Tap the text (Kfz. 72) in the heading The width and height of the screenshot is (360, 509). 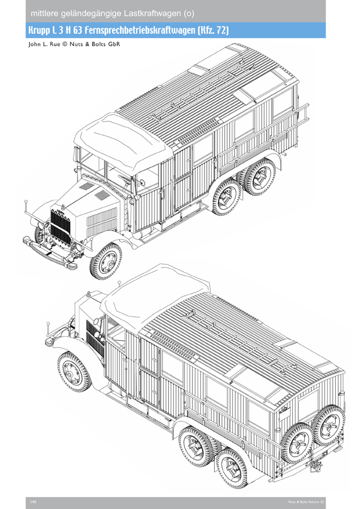tap(213, 30)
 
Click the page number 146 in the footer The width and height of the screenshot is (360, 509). tap(33, 502)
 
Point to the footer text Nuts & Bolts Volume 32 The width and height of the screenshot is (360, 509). tap(306, 502)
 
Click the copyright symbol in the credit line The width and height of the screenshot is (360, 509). tap(64, 44)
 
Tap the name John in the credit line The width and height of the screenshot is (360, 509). tap(34, 44)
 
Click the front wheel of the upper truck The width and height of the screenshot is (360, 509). tap(106, 261)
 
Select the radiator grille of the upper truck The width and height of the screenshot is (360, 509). tap(61, 227)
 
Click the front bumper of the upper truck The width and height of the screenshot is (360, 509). tap(50, 251)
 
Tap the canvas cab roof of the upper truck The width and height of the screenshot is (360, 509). tap(123, 140)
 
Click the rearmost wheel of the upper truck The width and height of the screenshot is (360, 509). tap(260, 177)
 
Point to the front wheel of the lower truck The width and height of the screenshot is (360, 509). tap(74, 371)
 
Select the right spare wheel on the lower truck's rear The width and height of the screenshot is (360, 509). tap(329, 425)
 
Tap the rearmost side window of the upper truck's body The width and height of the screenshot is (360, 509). tap(283, 103)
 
